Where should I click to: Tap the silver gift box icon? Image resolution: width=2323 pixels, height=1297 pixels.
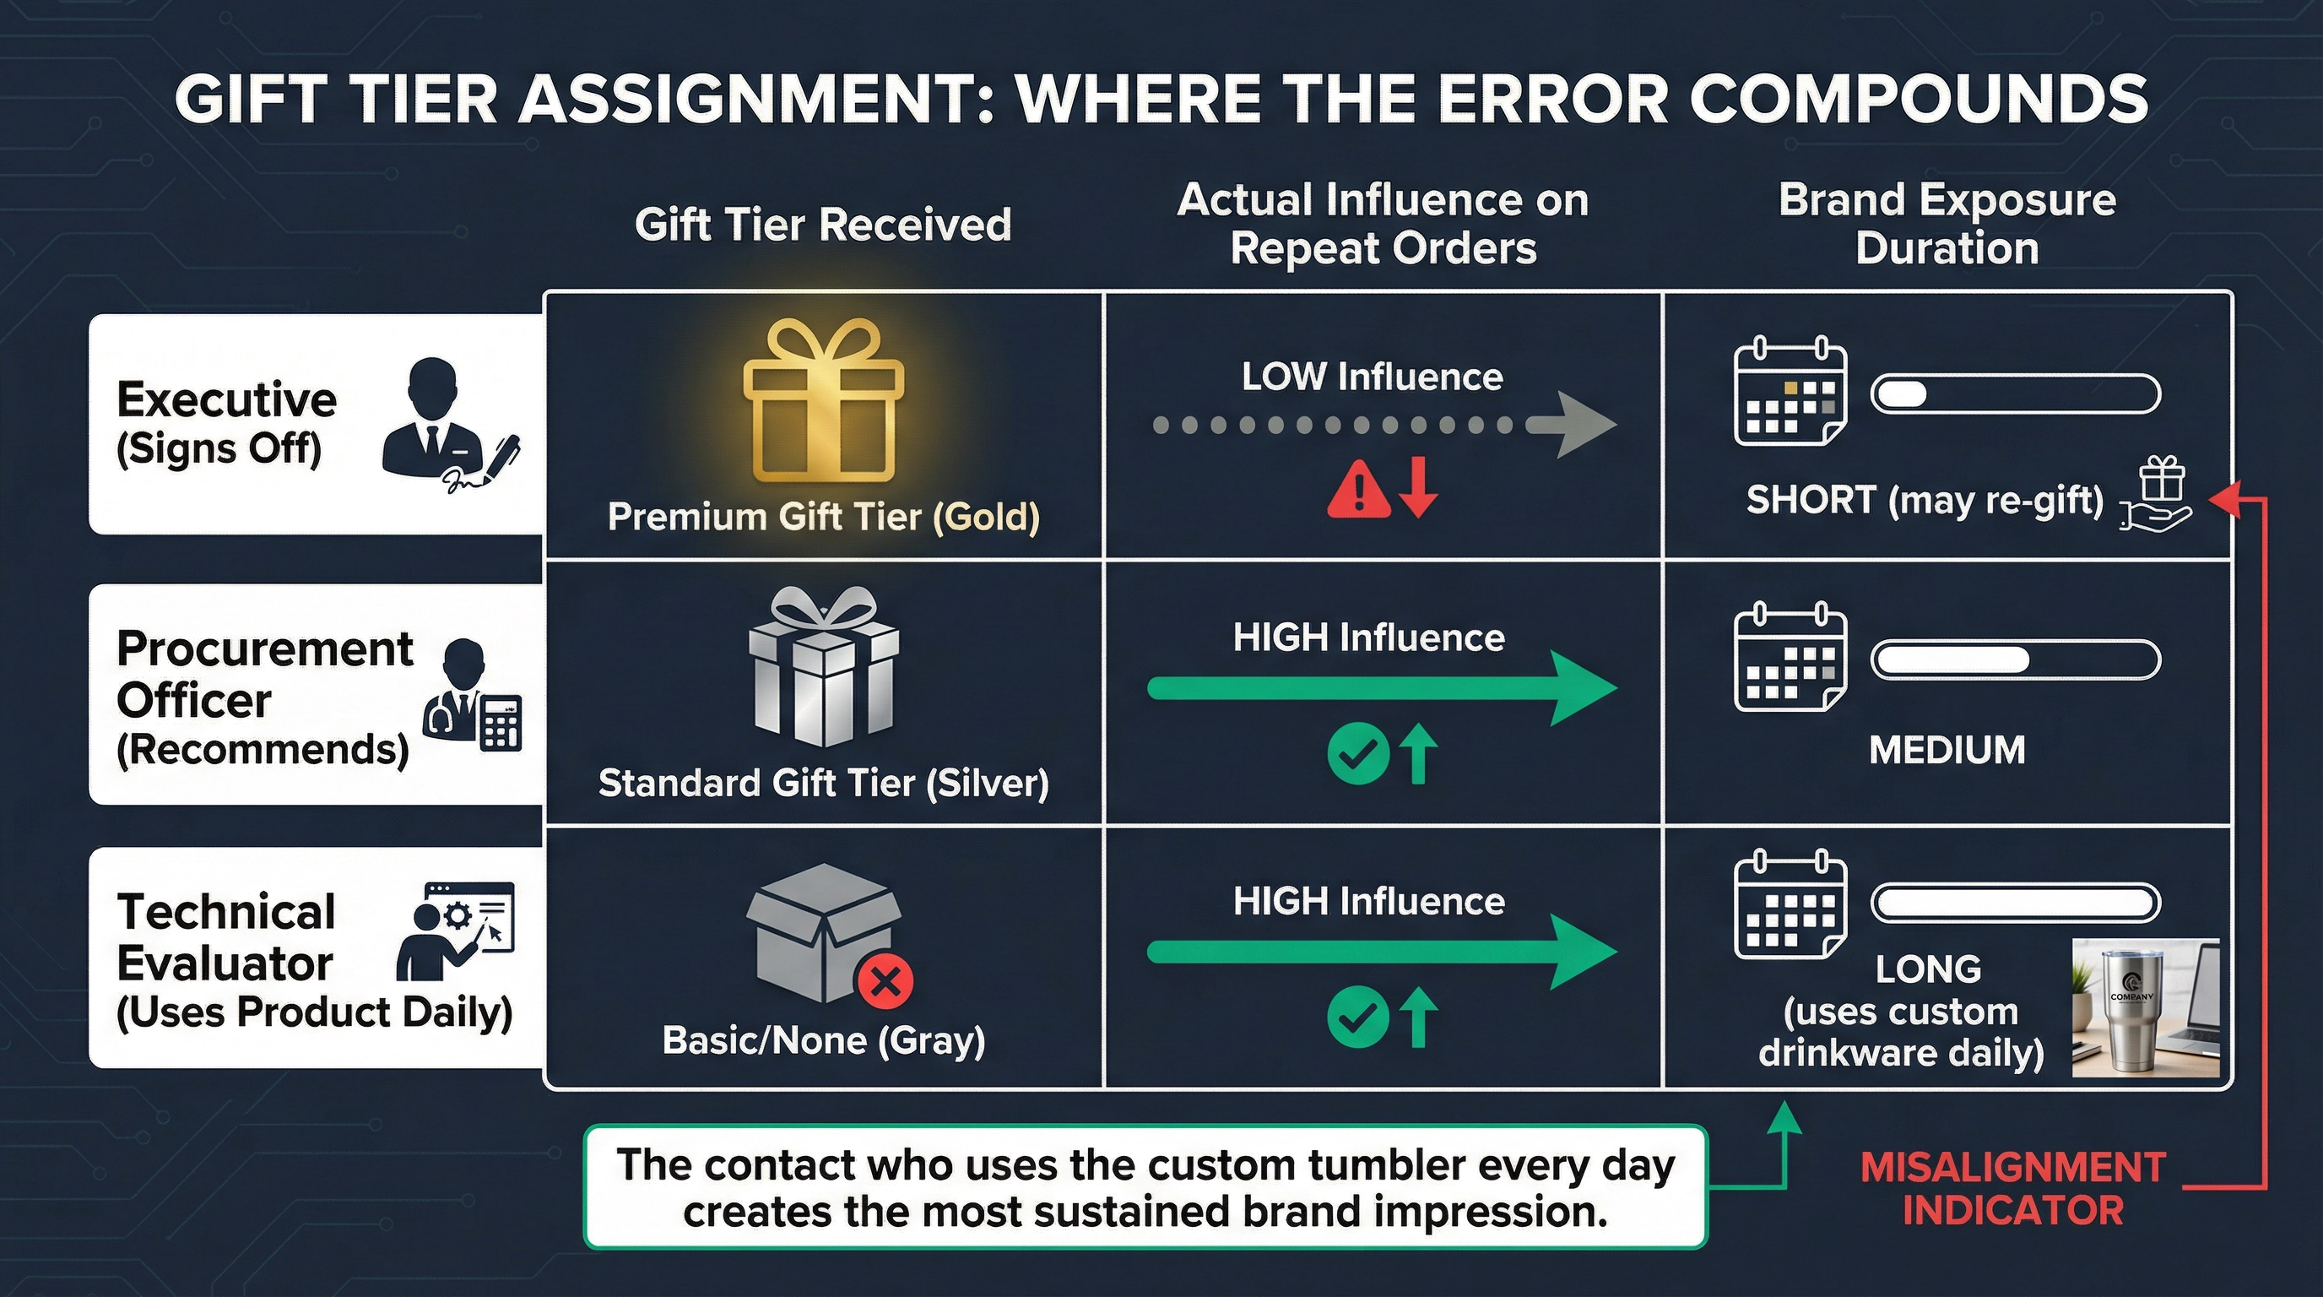(822, 667)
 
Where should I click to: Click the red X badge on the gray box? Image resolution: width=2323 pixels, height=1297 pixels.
(885, 981)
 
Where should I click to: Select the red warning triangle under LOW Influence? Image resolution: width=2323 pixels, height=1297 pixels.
(1357, 488)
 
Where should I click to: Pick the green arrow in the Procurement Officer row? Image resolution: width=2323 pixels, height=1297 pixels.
(1380, 689)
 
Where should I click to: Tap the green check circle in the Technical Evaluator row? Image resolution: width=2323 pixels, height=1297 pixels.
(1357, 1018)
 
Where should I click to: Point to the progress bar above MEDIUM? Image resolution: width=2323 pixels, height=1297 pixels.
(2015, 660)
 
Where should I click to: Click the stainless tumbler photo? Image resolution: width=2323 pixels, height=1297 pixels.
(2144, 1007)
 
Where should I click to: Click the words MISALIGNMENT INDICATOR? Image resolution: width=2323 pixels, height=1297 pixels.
(2012, 1189)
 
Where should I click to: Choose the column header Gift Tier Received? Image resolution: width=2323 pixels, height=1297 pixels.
(822, 225)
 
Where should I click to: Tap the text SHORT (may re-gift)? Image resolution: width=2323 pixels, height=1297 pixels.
(1925, 500)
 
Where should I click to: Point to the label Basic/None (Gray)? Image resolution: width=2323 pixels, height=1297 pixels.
(822, 1040)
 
